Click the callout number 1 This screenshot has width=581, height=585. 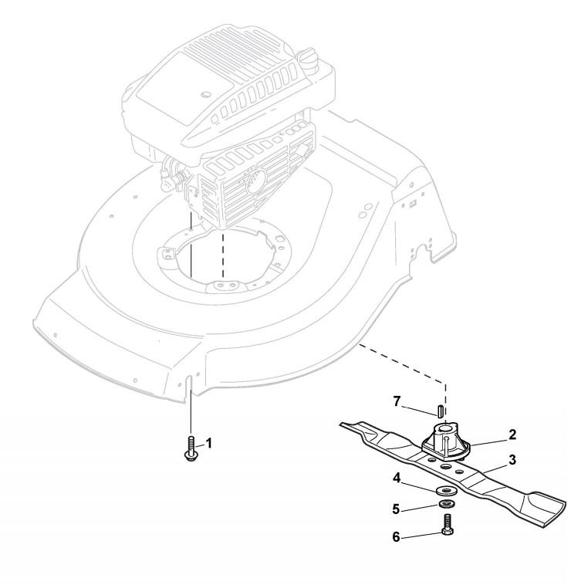coord(208,444)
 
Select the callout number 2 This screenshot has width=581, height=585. coord(512,435)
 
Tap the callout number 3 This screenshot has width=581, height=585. coord(512,459)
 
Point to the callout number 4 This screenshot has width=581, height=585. coord(396,478)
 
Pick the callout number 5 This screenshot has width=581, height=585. coord(397,509)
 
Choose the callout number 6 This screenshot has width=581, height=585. coord(396,536)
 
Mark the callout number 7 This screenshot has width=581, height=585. coord(397,401)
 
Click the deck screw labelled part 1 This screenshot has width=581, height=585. coord(190,451)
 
